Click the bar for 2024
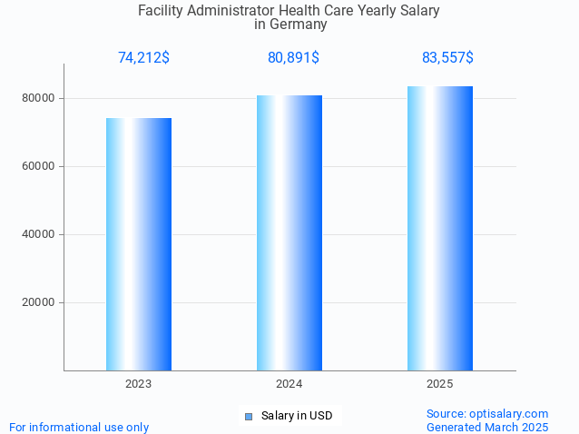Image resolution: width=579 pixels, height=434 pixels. point(289,232)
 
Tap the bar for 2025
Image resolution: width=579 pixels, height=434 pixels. point(440,228)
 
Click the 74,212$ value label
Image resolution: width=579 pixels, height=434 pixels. point(143,58)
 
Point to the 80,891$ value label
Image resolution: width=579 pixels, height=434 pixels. point(293,58)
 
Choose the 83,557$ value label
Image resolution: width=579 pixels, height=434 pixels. point(447,58)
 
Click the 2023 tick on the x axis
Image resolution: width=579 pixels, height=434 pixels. point(139,385)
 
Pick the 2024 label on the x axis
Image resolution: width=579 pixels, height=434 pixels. point(289,385)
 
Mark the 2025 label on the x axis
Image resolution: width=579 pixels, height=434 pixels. point(440,385)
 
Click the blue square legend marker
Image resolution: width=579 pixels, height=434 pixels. point(248,416)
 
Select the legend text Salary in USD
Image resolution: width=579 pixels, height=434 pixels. point(297,416)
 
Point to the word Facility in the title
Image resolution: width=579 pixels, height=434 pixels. point(161,11)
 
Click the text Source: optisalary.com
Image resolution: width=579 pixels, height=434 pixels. point(487,413)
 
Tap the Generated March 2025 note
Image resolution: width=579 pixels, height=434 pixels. point(487,427)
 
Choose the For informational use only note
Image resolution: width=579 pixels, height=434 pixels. point(79,427)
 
